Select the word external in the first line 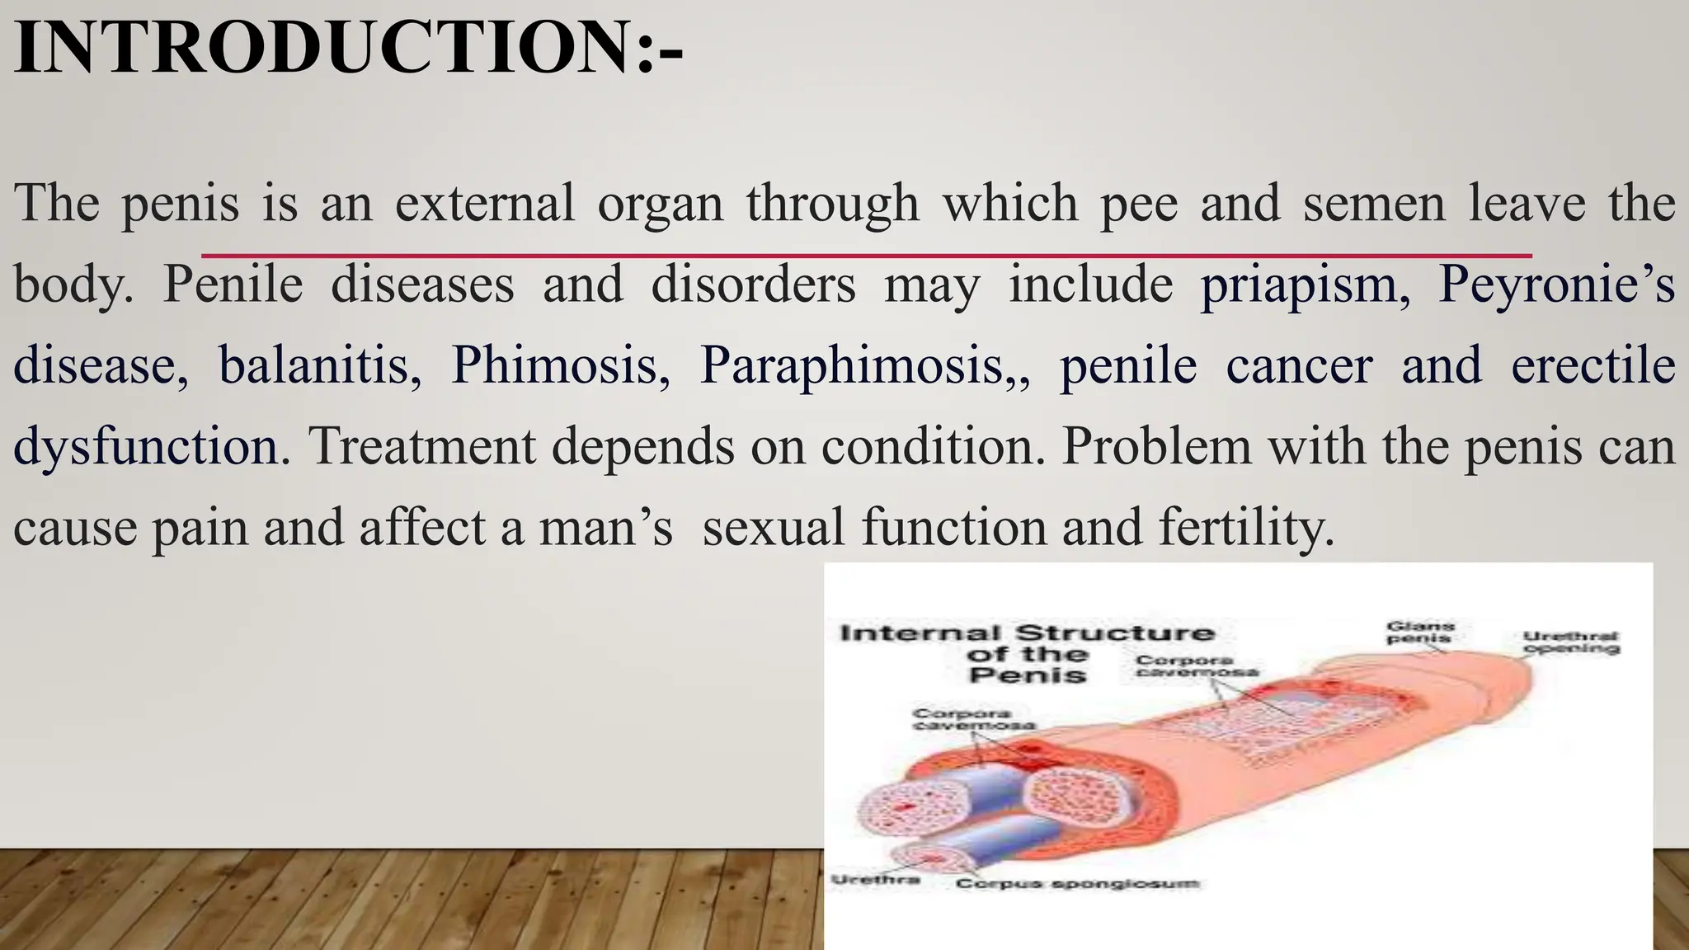(484, 203)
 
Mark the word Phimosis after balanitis (560, 365)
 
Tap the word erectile (1593, 365)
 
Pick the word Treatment (422, 446)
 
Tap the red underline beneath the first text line (866, 256)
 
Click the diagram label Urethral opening (1571, 642)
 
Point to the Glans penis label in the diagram (1420, 632)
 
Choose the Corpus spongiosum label (1077, 884)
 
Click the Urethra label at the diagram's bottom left (875, 880)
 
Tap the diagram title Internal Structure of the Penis (1027, 654)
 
